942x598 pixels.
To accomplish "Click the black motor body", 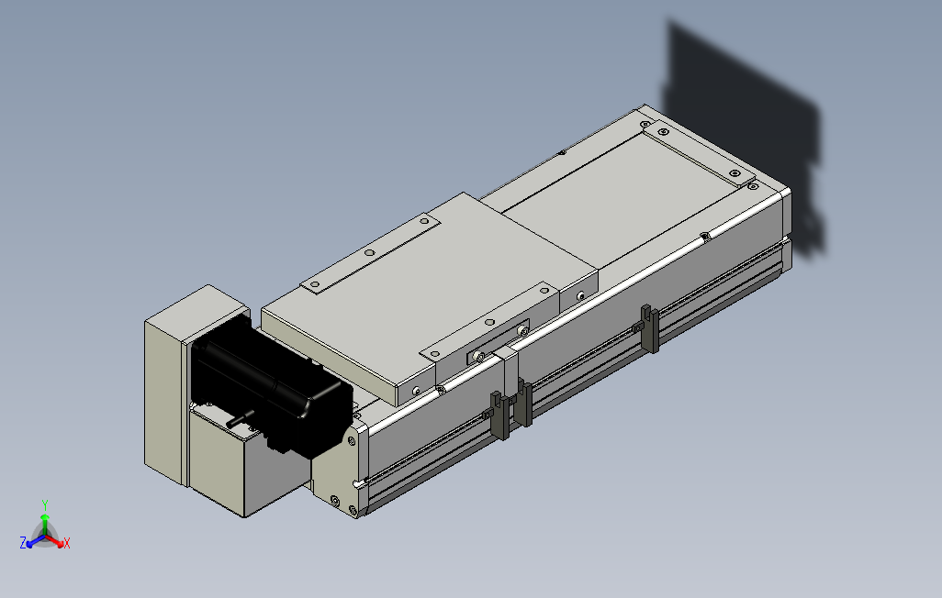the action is pyautogui.click(x=270, y=384).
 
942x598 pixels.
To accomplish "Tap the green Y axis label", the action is pyautogui.click(x=44, y=505).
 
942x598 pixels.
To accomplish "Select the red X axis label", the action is pyautogui.click(x=66, y=543).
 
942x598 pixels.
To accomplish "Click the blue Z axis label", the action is pyautogui.click(x=23, y=543).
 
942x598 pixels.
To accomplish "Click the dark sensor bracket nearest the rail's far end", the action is pyautogui.click(x=648, y=328).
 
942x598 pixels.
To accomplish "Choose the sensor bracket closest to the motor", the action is pyautogui.click(x=499, y=415).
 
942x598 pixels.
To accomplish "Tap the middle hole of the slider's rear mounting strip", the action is pyautogui.click(x=370, y=253).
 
